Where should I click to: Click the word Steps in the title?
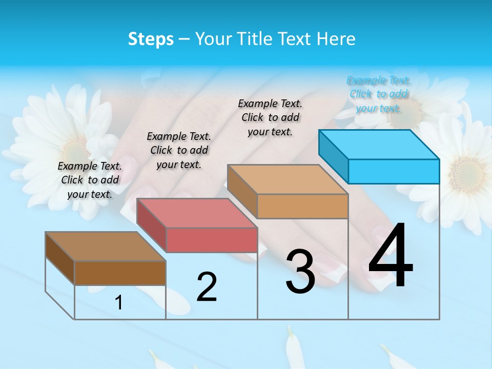coord(151,39)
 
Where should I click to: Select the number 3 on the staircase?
coord(300,272)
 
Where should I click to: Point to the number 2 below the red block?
coord(207,286)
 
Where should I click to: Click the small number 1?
coord(119,302)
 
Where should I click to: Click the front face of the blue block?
coord(394,171)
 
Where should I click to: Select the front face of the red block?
coord(212,240)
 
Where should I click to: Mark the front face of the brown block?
coord(120,273)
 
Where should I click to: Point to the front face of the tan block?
coord(302,206)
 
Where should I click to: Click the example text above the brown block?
coord(90,180)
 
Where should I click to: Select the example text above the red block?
coord(179,151)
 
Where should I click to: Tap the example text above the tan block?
coord(270,118)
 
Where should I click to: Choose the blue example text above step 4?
coord(379,94)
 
